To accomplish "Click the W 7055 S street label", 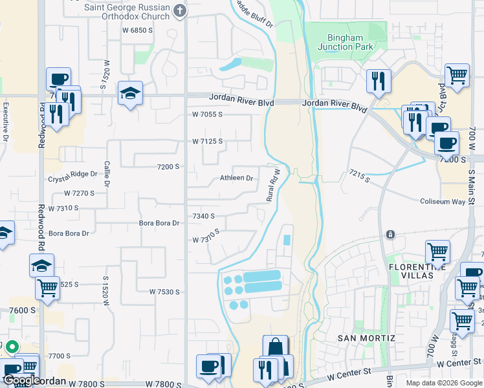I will pyautogui.click(x=207, y=114).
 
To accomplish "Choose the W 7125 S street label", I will pyautogui.click(x=207, y=141).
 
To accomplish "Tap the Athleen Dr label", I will pyautogui.click(x=236, y=178).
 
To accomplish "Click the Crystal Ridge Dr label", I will pyautogui.click(x=72, y=174).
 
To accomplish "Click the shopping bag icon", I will pyautogui.click(x=276, y=347).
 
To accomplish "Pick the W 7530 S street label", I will pyautogui.click(x=164, y=292).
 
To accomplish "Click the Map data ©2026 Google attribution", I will pyautogui.click(x=444, y=383).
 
